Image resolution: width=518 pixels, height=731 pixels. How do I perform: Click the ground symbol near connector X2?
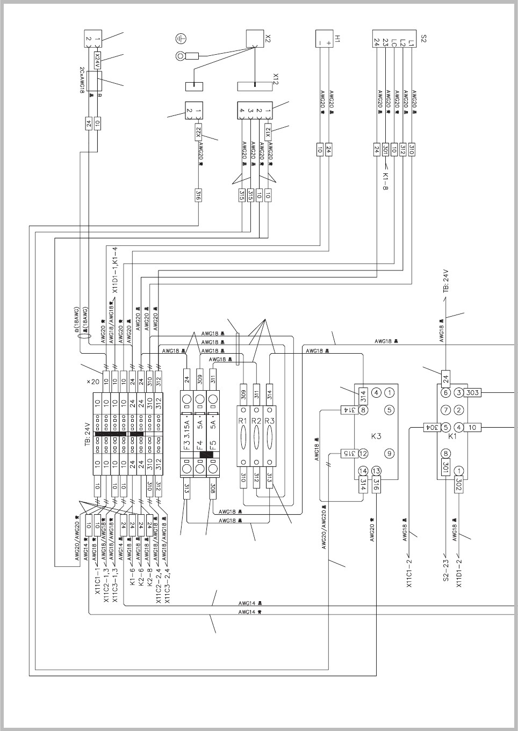(x=181, y=38)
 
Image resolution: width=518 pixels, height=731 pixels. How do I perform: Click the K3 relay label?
(x=376, y=436)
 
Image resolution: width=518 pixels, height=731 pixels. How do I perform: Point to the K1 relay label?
(x=452, y=437)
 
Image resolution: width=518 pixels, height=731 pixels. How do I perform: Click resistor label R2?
(x=256, y=421)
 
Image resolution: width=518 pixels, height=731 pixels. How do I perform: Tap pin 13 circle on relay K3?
(x=376, y=471)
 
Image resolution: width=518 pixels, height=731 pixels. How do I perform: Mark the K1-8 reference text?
(x=385, y=181)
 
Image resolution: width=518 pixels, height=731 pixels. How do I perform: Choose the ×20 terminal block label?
(x=93, y=382)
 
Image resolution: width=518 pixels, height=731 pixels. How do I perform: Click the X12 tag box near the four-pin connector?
(x=268, y=132)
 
